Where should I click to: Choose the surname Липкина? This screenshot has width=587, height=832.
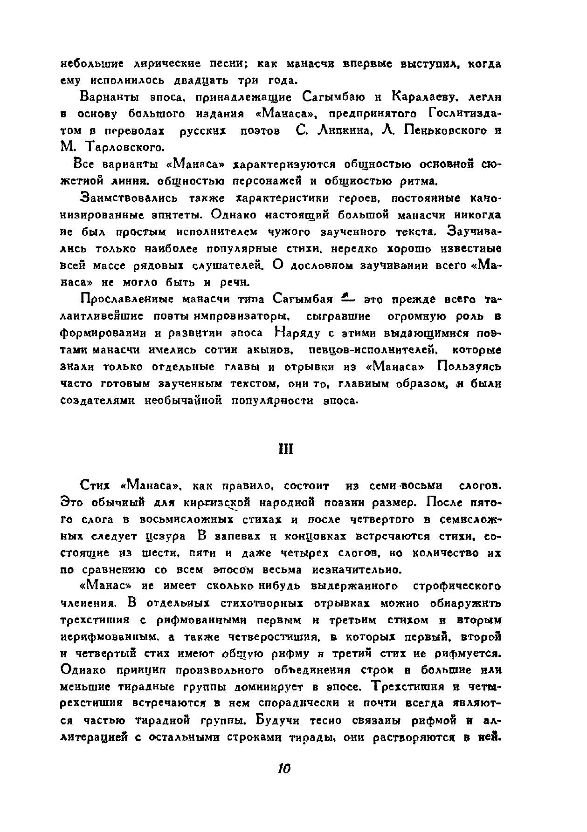click(343, 131)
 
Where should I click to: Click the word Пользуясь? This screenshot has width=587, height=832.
click(469, 367)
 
